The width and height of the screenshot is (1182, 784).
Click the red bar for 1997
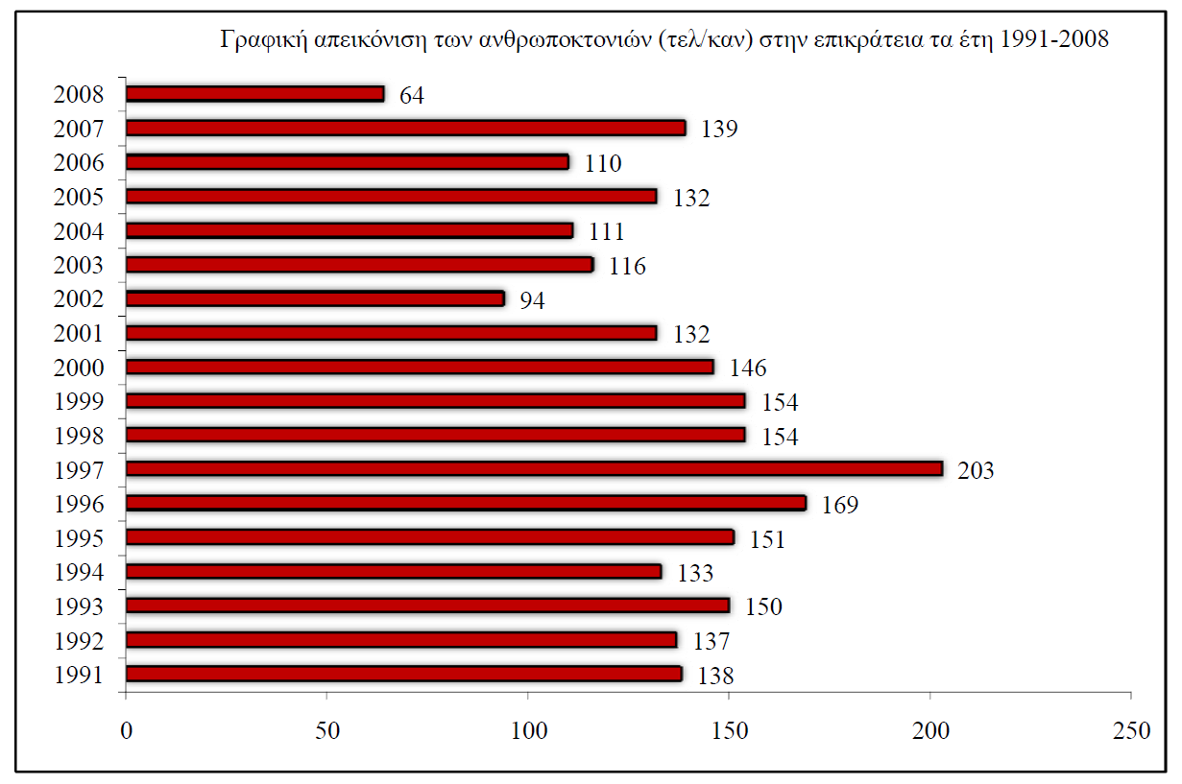click(x=534, y=469)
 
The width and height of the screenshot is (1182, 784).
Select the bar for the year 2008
click(x=255, y=94)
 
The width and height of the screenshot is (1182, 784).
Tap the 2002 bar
click(x=315, y=298)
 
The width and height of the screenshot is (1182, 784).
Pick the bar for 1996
click(x=466, y=503)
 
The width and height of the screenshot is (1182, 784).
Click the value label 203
click(x=976, y=471)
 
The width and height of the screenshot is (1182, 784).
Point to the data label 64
click(x=412, y=96)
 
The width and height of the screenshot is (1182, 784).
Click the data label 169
click(x=839, y=505)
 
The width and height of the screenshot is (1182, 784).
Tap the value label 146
click(x=749, y=368)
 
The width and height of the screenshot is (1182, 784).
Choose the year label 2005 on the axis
click(x=79, y=198)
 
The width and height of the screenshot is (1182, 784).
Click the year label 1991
click(x=79, y=675)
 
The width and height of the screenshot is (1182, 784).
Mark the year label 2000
click(x=79, y=368)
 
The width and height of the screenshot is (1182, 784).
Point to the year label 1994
click(x=79, y=573)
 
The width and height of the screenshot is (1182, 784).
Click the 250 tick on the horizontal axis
click(x=1131, y=730)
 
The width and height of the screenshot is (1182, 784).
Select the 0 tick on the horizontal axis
click(x=126, y=730)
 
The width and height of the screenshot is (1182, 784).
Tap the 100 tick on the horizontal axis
click(x=528, y=730)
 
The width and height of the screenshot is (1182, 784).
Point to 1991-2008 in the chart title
click(x=1060, y=40)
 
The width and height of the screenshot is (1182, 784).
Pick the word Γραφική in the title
click(x=257, y=41)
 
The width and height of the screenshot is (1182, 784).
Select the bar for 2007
click(x=406, y=128)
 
